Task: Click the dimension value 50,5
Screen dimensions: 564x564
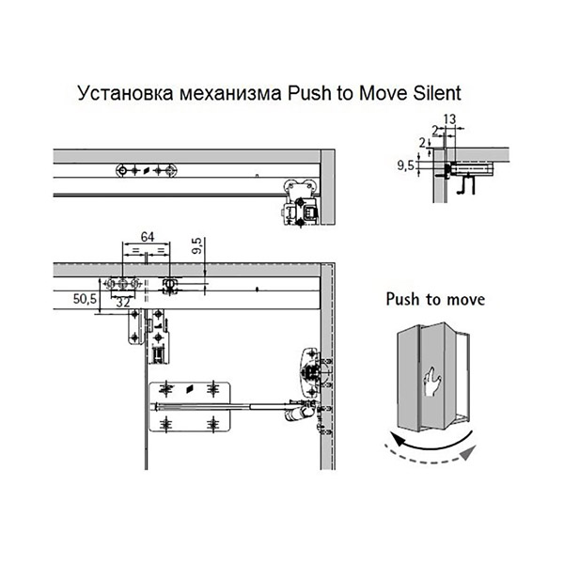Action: click(86, 298)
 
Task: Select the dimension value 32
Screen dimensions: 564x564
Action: click(122, 303)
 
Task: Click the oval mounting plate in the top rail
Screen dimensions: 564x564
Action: click(146, 170)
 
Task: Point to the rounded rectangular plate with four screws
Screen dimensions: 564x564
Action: click(190, 405)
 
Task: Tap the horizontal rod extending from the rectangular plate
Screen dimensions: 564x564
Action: click(254, 407)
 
